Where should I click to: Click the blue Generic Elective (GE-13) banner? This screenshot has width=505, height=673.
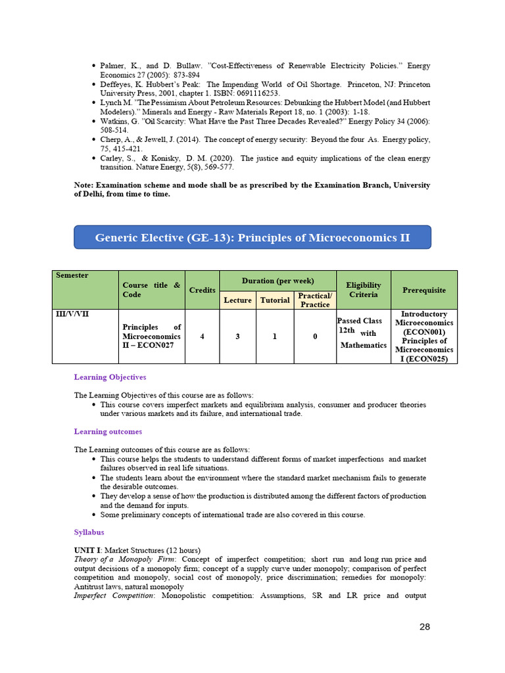[x=252, y=237]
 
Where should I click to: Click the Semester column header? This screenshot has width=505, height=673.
[x=72, y=275]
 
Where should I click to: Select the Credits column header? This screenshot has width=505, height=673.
[x=202, y=290]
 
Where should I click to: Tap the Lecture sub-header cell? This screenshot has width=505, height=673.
[x=237, y=300]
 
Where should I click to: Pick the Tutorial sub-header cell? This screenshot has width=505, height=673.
[x=275, y=300]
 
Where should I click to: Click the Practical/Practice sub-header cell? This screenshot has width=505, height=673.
[x=315, y=300]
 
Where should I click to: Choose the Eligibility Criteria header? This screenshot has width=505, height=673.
[x=363, y=290]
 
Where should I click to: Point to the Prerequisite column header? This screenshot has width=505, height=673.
[x=423, y=290]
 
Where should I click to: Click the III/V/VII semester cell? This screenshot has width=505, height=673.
[x=72, y=314]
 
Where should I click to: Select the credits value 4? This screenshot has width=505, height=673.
[x=202, y=336]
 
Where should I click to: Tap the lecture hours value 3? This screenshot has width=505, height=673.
[x=237, y=336]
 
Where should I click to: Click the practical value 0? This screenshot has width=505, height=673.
[x=315, y=336]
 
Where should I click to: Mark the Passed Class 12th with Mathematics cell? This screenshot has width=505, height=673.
[x=363, y=333]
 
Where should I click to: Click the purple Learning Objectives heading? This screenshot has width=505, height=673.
[x=110, y=377]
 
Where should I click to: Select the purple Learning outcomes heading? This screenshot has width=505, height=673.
[x=108, y=432]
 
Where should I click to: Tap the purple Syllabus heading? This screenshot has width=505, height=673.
[x=89, y=532]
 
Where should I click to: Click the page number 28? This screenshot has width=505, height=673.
[x=425, y=626]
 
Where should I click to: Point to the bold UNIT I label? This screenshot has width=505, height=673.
[x=87, y=549]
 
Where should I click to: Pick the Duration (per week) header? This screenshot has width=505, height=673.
[x=277, y=281]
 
